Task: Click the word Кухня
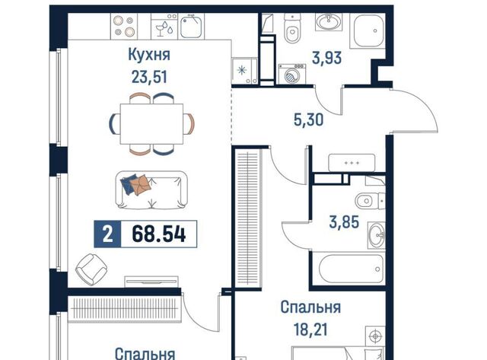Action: [149, 55]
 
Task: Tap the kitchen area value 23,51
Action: [149, 77]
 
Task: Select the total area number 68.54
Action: [159, 234]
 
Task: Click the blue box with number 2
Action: [107, 234]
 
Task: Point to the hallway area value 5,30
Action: [308, 119]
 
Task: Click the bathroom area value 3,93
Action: [326, 58]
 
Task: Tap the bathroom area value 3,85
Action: [344, 222]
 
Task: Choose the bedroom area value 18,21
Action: [310, 330]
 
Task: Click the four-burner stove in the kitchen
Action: [124, 26]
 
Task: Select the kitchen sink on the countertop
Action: [191, 27]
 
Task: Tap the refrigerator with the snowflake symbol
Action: [244, 71]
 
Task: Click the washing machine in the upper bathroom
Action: [292, 74]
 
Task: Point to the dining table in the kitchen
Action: [151, 124]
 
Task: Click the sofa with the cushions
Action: [151, 190]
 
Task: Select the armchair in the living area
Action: [91, 269]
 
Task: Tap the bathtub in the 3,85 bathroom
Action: [352, 269]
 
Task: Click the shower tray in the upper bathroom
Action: [368, 31]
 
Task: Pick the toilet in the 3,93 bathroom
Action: [292, 28]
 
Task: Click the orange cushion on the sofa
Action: [140, 184]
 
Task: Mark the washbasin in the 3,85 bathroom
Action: [377, 235]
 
